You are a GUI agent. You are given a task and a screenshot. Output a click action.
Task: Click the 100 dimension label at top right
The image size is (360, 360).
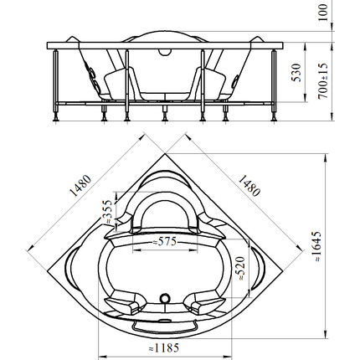pyautogui.click(x=322, y=13)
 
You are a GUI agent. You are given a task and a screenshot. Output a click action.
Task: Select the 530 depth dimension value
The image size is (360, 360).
pyautogui.click(x=296, y=73)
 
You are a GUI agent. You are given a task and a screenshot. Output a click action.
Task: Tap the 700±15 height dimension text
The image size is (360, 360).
pyautogui.click(x=323, y=81)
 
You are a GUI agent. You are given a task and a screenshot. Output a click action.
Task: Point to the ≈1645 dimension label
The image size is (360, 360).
pyautogui.click(x=316, y=246)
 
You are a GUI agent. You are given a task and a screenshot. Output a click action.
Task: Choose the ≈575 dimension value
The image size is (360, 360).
pyautogui.click(x=165, y=241)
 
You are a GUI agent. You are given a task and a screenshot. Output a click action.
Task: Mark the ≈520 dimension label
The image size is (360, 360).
pyautogui.click(x=239, y=269)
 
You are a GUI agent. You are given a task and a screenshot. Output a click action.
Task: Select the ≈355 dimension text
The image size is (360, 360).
pyautogui.click(x=107, y=212)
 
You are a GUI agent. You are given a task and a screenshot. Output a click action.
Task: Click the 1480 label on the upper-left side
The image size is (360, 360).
pyautogui.click(x=80, y=186)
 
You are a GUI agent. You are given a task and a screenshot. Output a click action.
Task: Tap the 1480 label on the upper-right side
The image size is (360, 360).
pyautogui.click(x=249, y=186)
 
